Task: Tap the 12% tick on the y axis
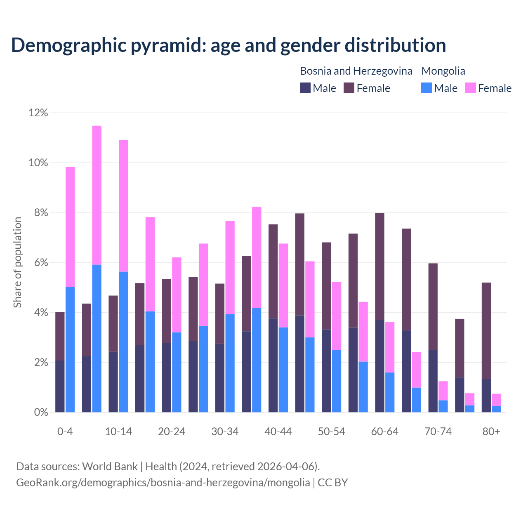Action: (38, 113)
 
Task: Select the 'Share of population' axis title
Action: (17, 262)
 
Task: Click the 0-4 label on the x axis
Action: (65, 431)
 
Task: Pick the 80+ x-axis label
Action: (491, 431)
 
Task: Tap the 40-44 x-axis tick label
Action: (278, 431)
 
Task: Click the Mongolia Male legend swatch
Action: (426, 88)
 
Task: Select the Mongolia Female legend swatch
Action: (470, 88)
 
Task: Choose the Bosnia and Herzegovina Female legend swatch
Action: (349, 88)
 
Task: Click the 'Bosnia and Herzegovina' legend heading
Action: (356, 71)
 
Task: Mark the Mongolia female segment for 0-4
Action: (70, 227)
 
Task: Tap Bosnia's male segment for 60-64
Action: (379, 366)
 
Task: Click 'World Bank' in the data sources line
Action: (110, 467)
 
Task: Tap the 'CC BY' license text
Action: (333, 482)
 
